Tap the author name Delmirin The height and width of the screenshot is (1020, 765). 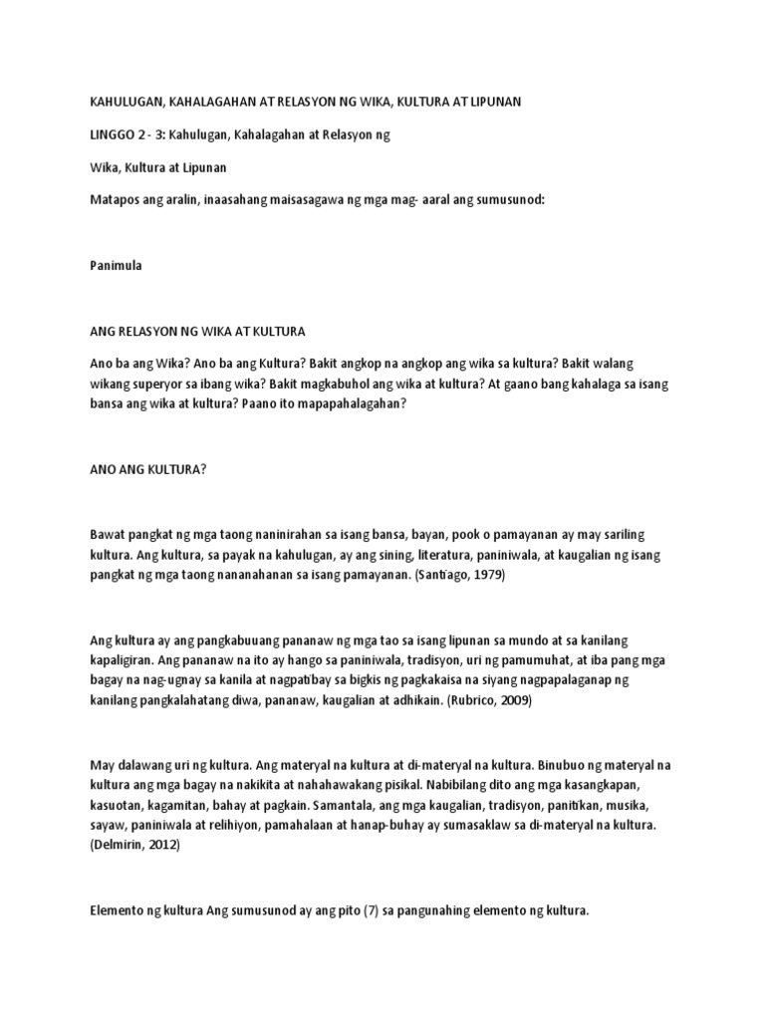tap(120, 843)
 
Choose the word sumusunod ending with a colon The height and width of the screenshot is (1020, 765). tap(509, 200)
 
